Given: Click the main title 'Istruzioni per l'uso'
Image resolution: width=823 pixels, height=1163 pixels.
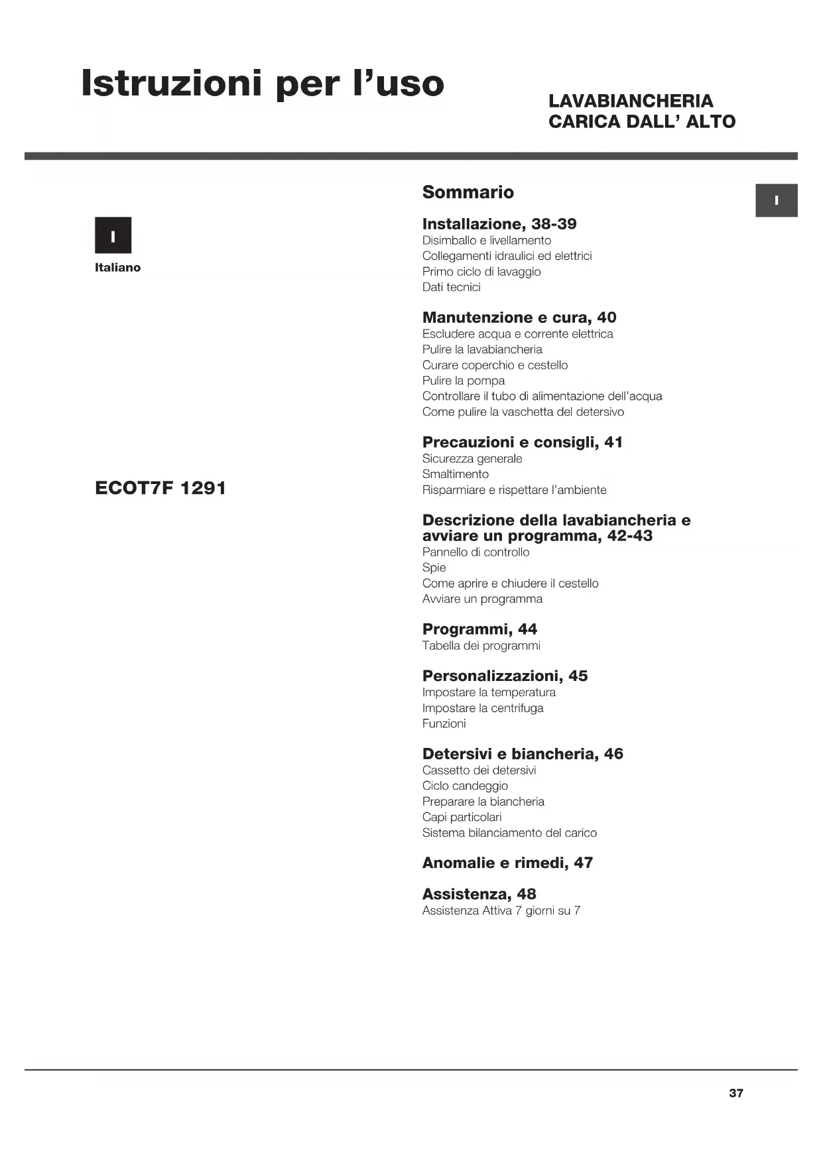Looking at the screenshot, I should coord(262,84).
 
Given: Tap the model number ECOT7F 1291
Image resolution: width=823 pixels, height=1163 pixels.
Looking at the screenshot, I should coord(160,488).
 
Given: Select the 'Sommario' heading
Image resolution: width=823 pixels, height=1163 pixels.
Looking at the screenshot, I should coord(468,192).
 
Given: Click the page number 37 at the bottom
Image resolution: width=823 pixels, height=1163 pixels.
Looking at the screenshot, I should coord(736,1093).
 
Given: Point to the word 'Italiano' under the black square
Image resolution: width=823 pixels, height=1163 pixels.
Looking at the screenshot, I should coord(117,268).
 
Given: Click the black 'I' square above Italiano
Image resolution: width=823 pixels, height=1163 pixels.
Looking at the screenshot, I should coord(113,235).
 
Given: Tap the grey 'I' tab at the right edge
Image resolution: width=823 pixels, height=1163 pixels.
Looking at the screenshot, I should coord(776,200).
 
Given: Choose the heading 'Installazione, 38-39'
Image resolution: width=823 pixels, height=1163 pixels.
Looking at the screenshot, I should coord(499,224).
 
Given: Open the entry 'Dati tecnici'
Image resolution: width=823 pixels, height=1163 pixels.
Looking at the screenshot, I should coord(451,287).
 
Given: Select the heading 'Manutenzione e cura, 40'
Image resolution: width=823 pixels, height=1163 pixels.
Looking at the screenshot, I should coord(519,318).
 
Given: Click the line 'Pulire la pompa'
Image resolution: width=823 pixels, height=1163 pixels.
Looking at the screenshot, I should coord(463,381).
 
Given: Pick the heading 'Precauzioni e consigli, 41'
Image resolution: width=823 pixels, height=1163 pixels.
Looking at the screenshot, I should coord(522,442).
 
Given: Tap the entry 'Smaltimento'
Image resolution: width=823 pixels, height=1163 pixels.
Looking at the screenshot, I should coord(455,474).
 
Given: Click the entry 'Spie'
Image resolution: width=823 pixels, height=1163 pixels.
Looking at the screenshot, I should coord(434,568).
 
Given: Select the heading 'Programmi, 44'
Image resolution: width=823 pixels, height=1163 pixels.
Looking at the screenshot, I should coord(479,629).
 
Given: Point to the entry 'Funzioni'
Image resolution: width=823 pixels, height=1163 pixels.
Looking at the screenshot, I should coord(444,723).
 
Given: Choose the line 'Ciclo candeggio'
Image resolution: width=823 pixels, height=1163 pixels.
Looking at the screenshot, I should coord(465,786).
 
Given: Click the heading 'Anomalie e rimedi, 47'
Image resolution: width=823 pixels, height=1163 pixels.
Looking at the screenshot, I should coord(507,863).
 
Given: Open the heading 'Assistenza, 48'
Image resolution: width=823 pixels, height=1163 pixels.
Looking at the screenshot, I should coord(479,894).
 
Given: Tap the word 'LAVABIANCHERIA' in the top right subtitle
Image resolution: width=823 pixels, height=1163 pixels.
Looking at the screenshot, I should coord(631,101).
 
